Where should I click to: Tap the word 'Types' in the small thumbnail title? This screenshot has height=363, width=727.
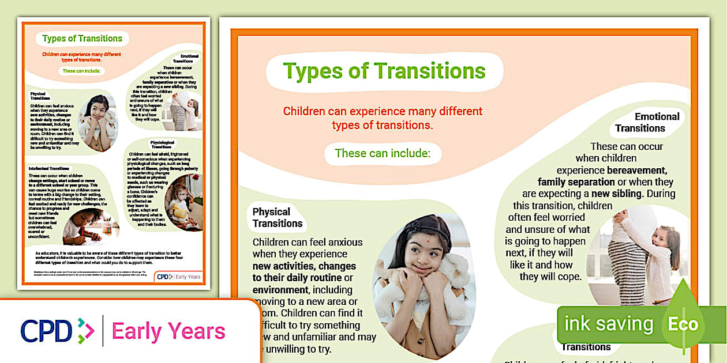54,39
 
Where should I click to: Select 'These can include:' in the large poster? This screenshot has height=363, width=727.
383,153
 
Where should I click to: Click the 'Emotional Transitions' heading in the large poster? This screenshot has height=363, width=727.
647,122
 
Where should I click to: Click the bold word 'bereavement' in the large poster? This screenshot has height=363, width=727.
637,170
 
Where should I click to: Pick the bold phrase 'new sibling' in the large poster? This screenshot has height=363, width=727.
618,194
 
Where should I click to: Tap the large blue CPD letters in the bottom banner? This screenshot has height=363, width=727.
46,331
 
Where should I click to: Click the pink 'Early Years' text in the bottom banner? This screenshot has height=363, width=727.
168,331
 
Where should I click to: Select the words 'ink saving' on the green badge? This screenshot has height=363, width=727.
609,324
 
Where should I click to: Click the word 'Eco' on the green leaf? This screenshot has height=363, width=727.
683,324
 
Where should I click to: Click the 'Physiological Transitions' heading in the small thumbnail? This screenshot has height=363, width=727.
161,144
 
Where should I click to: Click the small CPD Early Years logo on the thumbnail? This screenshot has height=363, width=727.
179,277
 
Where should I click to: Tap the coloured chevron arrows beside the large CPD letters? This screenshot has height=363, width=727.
85,331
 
